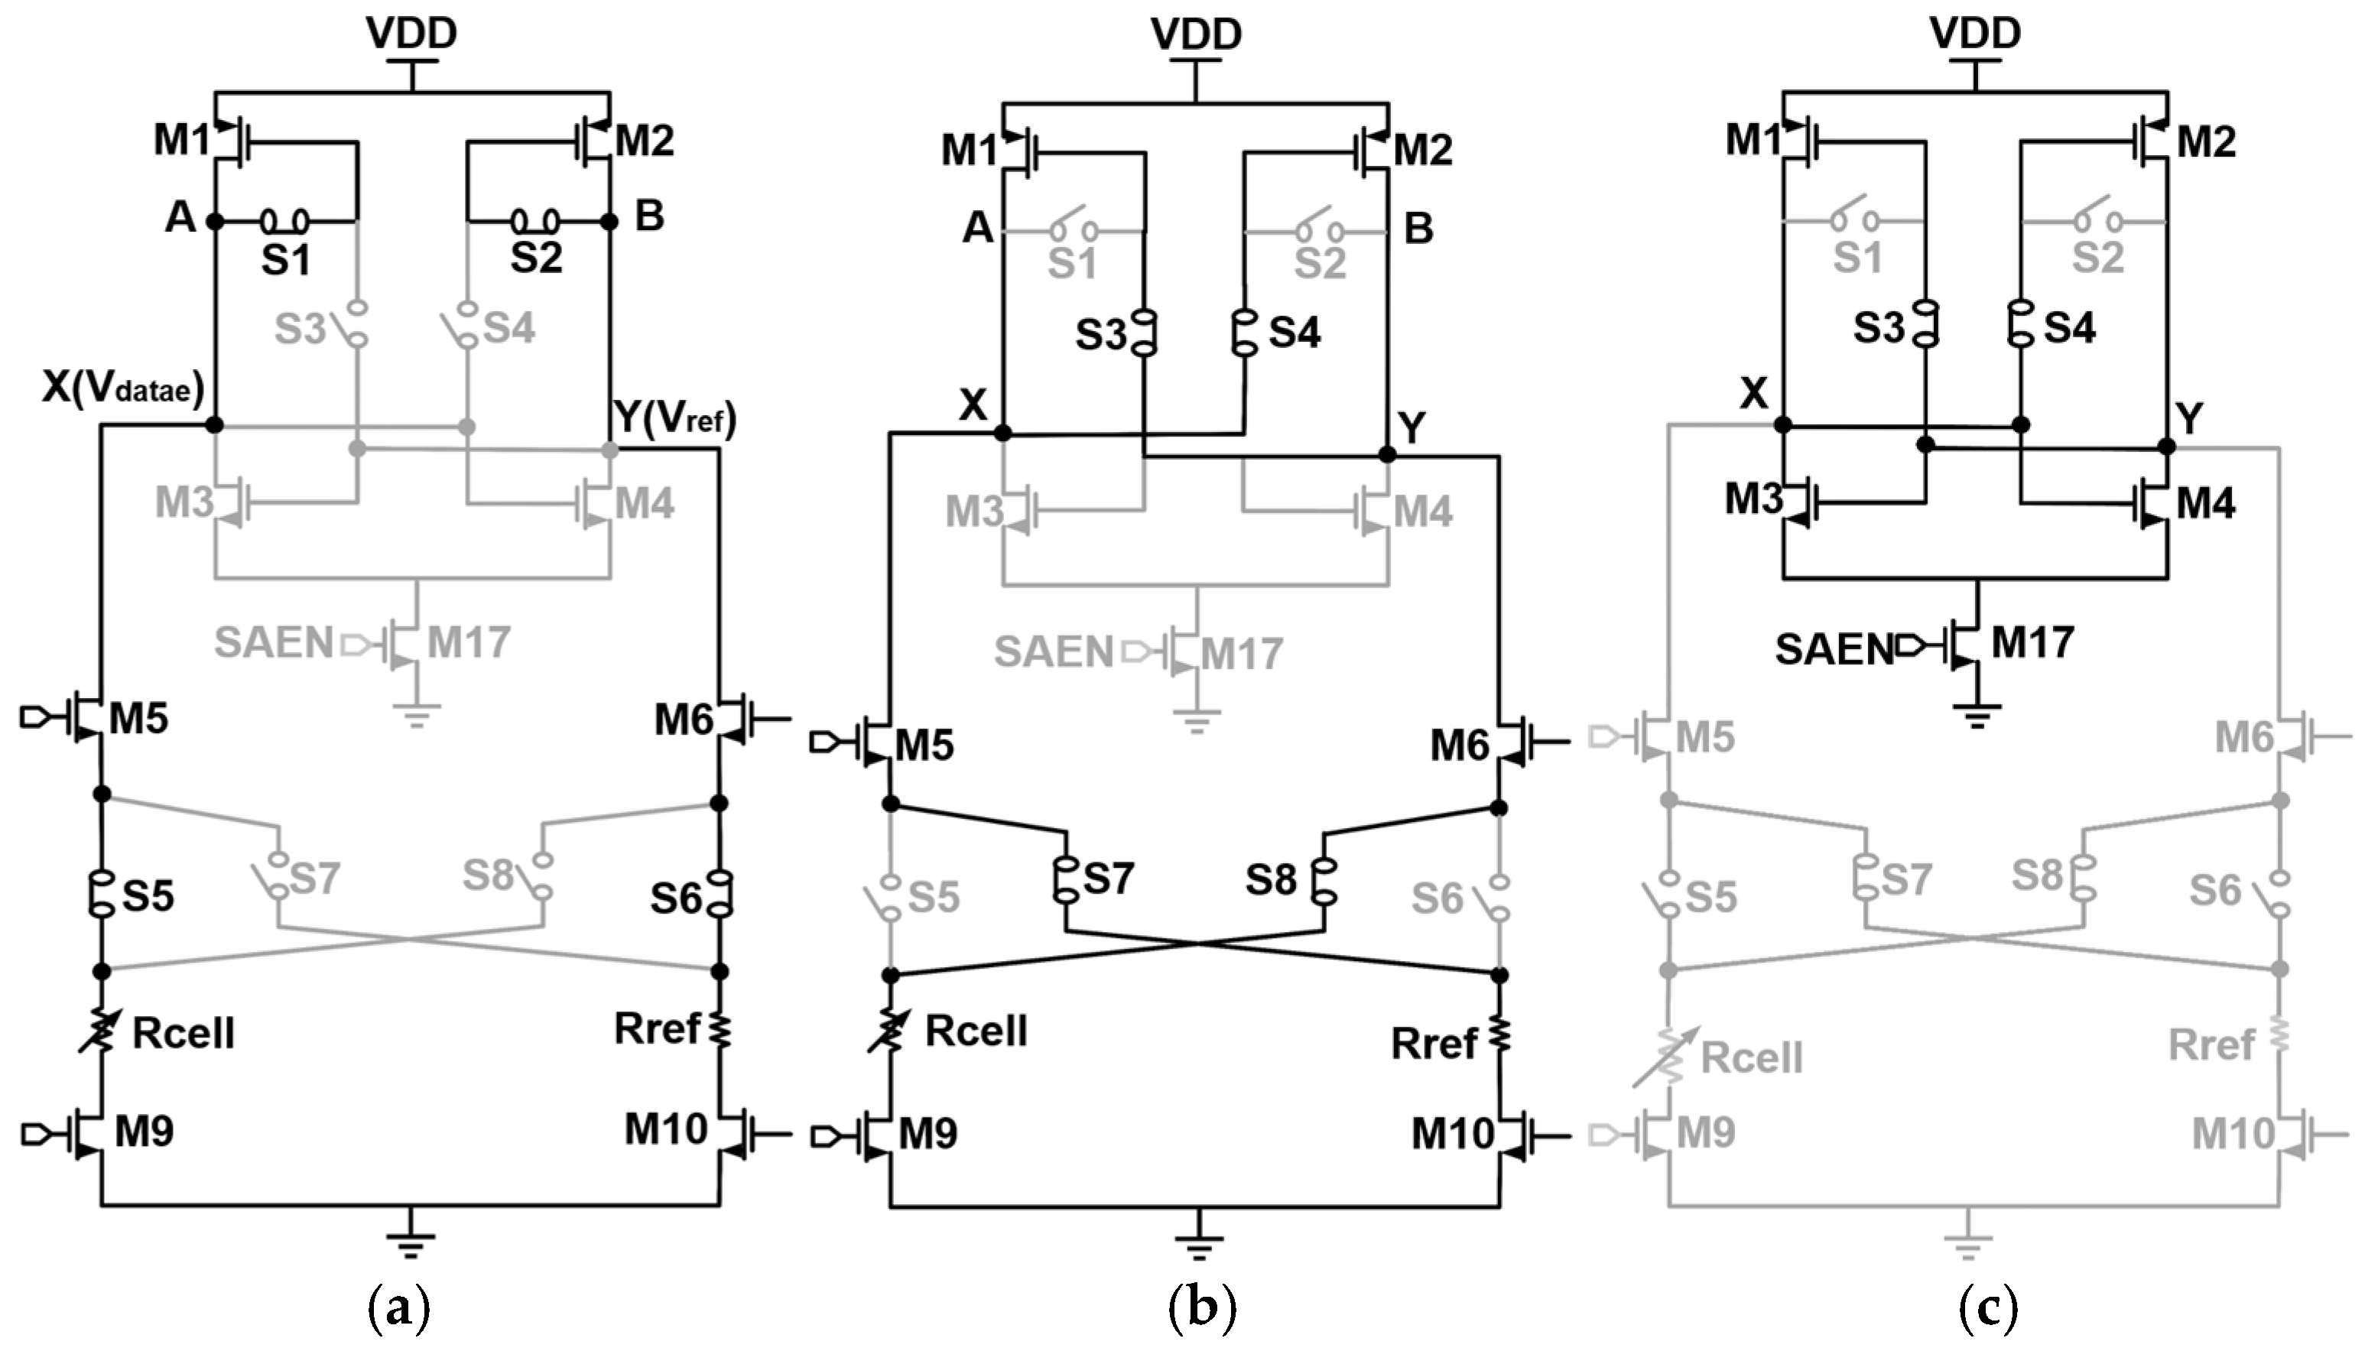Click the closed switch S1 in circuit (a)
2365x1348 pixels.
coord(284,221)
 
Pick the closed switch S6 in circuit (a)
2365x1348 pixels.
coord(720,893)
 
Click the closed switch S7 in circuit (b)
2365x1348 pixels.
coord(1067,878)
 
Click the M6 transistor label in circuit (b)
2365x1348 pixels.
coord(1460,745)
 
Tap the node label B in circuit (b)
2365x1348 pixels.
coord(1418,228)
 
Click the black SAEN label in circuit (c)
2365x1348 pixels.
coord(1834,650)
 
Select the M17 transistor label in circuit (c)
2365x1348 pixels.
coord(2032,642)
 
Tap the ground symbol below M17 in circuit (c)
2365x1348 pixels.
coord(1978,716)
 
